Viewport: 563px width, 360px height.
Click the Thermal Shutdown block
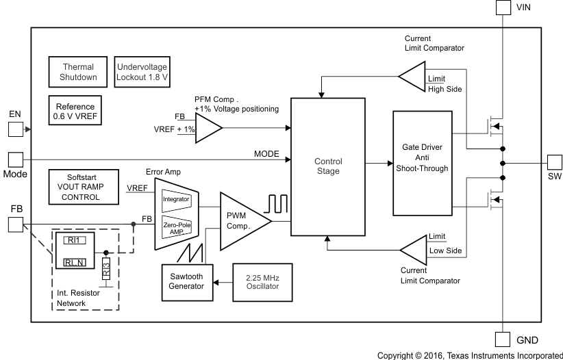click(78, 73)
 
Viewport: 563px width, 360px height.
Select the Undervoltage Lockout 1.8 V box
click(142, 73)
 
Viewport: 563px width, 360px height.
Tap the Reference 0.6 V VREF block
click(75, 112)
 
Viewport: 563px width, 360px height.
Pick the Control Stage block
click(327, 166)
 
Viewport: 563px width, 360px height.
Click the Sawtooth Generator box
click(187, 281)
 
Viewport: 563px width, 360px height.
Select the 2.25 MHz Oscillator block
click(257, 281)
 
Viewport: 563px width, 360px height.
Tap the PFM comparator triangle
click(208, 127)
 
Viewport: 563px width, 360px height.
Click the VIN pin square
click(504, 8)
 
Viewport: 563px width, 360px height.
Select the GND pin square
click(504, 339)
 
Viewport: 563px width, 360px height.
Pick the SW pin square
click(555, 163)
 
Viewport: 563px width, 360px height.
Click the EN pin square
click(15, 128)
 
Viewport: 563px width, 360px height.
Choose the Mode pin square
click(15, 159)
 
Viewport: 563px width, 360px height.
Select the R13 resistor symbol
click(105, 268)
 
